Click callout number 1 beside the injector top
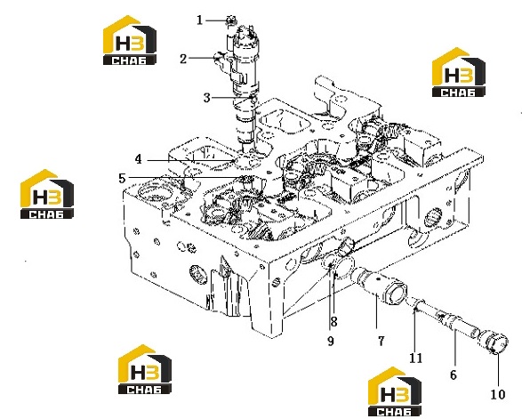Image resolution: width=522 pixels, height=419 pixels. tap(199, 20)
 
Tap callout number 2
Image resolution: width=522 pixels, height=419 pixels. tap(183, 59)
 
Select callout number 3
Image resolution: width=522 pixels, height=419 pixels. tap(206, 98)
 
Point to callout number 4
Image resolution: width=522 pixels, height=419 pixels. tap(138, 159)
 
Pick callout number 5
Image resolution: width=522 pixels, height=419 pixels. tap(122, 179)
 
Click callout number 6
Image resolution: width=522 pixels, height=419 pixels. tap(454, 375)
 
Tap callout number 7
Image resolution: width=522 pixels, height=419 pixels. tap(381, 341)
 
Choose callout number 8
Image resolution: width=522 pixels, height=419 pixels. tap(333, 321)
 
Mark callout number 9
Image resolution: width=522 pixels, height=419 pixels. tap(330, 341)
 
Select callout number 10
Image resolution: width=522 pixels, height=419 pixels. tap(498, 395)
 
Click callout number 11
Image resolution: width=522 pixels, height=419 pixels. tap(415, 358)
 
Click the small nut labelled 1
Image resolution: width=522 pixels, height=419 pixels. tap(230, 20)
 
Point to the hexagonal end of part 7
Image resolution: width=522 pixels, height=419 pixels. tap(397, 293)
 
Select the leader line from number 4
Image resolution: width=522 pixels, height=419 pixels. tap(190, 160)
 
